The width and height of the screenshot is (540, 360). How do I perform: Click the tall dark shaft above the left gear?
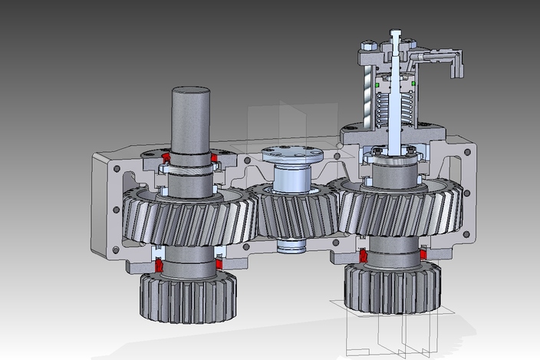click(189, 119)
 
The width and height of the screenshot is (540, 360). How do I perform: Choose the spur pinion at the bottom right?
click(393, 288)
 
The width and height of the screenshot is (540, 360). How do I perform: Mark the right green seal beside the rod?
click(413, 81)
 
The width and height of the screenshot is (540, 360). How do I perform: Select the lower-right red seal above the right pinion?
click(422, 254)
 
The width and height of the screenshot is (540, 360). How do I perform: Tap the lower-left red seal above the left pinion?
click(160, 266)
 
